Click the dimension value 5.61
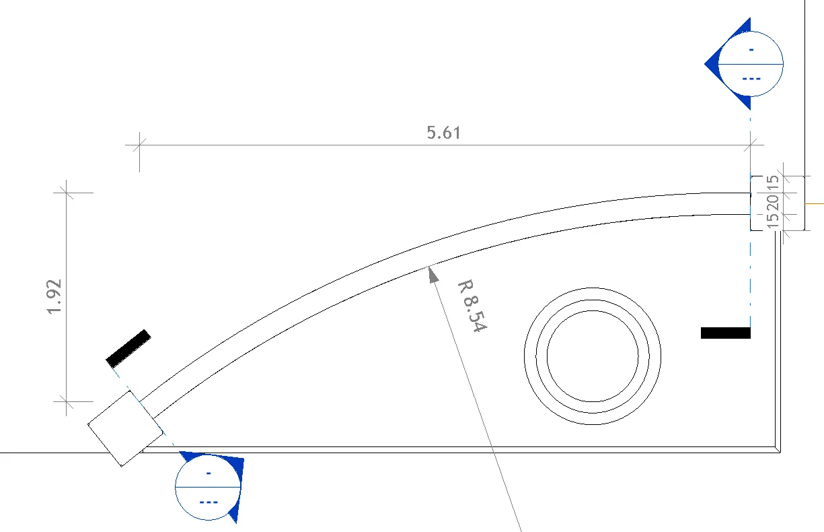click(444, 133)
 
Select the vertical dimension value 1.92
click(55, 296)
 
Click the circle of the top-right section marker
click(751, 63)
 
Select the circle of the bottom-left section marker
click(208, 487)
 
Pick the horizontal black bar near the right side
click(725, 333)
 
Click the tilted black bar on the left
click(128, 348)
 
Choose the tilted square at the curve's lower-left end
click(125, 429)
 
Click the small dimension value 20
click(773, 202)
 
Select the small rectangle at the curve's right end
click(757, 203)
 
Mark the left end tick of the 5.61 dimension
click(139, 144)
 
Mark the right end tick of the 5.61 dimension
click(751, 144)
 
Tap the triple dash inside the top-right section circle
click(751, 79)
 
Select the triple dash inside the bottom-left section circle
click(209, 502)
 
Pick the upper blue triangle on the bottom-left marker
click(233, 465)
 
